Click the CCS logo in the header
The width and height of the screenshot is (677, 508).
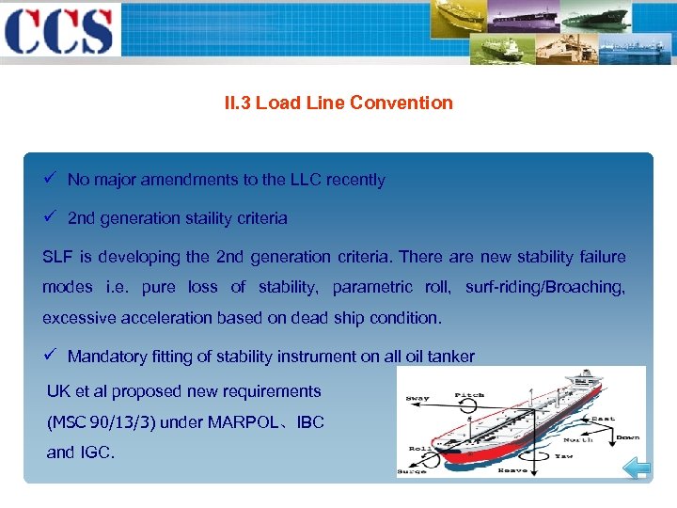tap(58, 31)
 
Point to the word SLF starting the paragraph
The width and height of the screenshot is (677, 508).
tap(56, 257)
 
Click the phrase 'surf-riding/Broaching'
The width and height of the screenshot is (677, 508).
tap(544, 287)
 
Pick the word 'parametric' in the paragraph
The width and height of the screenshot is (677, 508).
tap(372, 287)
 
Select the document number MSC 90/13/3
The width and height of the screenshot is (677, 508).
tap(101, 422)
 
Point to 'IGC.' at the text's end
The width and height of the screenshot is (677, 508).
tap(94, 452)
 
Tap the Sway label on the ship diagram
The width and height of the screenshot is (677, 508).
tap(417, 398)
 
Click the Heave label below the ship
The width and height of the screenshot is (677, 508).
tap(512, 468)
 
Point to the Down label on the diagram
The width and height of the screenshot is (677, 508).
tap(627, 437)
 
